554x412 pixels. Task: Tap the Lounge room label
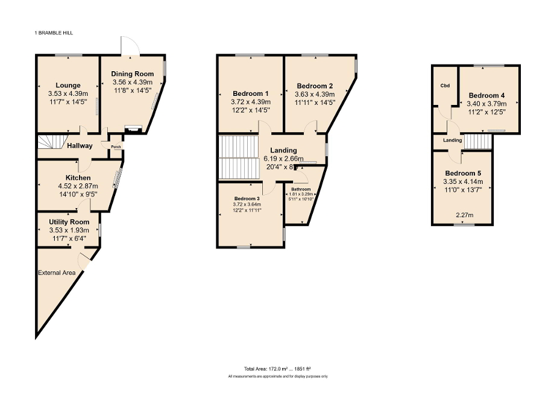click(x=68, y=86)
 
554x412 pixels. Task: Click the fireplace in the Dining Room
click(x=132, y=128)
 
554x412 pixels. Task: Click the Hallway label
click(x=80, y=145)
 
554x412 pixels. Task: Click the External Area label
click(x=57, y=273)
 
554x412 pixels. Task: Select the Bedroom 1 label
click(x=250, y=93)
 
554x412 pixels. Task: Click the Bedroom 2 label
click(x=315, y=86)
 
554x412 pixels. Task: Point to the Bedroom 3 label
click(x=247, y=198)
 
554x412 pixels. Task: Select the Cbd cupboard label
click(x=445, y=86)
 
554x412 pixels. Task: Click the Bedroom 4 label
click(x=486, y=95)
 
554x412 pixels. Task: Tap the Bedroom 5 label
click(x=463, y=173)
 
